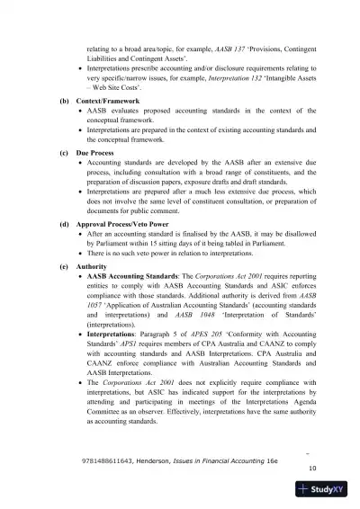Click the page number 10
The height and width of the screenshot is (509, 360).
[311, 468]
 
